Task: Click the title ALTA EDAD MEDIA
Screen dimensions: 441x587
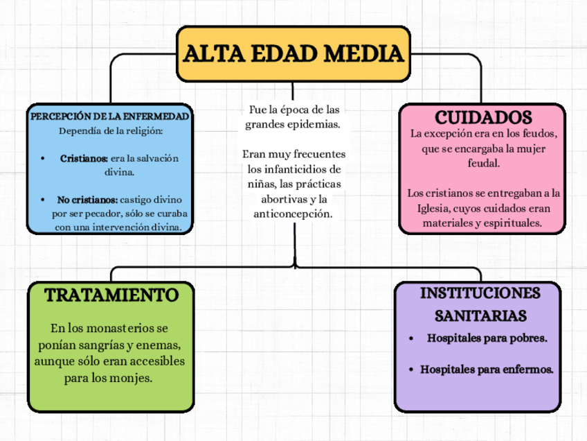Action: (x=293, y=53)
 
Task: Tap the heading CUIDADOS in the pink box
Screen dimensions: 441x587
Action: (x=482, y=116)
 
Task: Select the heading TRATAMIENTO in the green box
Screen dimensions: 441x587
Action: (x=111, y=295)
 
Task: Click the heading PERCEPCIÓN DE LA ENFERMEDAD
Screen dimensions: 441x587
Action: (x=110, y=115)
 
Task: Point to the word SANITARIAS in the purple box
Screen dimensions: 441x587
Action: (x=480, y=316)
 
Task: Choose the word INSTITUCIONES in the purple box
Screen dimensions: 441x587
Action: (x=480, y=292)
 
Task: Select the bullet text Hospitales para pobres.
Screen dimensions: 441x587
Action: (x=487, y=338)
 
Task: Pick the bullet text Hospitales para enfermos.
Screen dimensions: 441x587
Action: (x=487, y=370)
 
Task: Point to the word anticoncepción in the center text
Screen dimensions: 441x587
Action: (x=293, y=214)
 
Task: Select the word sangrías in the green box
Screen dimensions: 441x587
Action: (x=105, y=345)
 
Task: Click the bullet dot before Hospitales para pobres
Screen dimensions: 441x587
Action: (x=413, y=339)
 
